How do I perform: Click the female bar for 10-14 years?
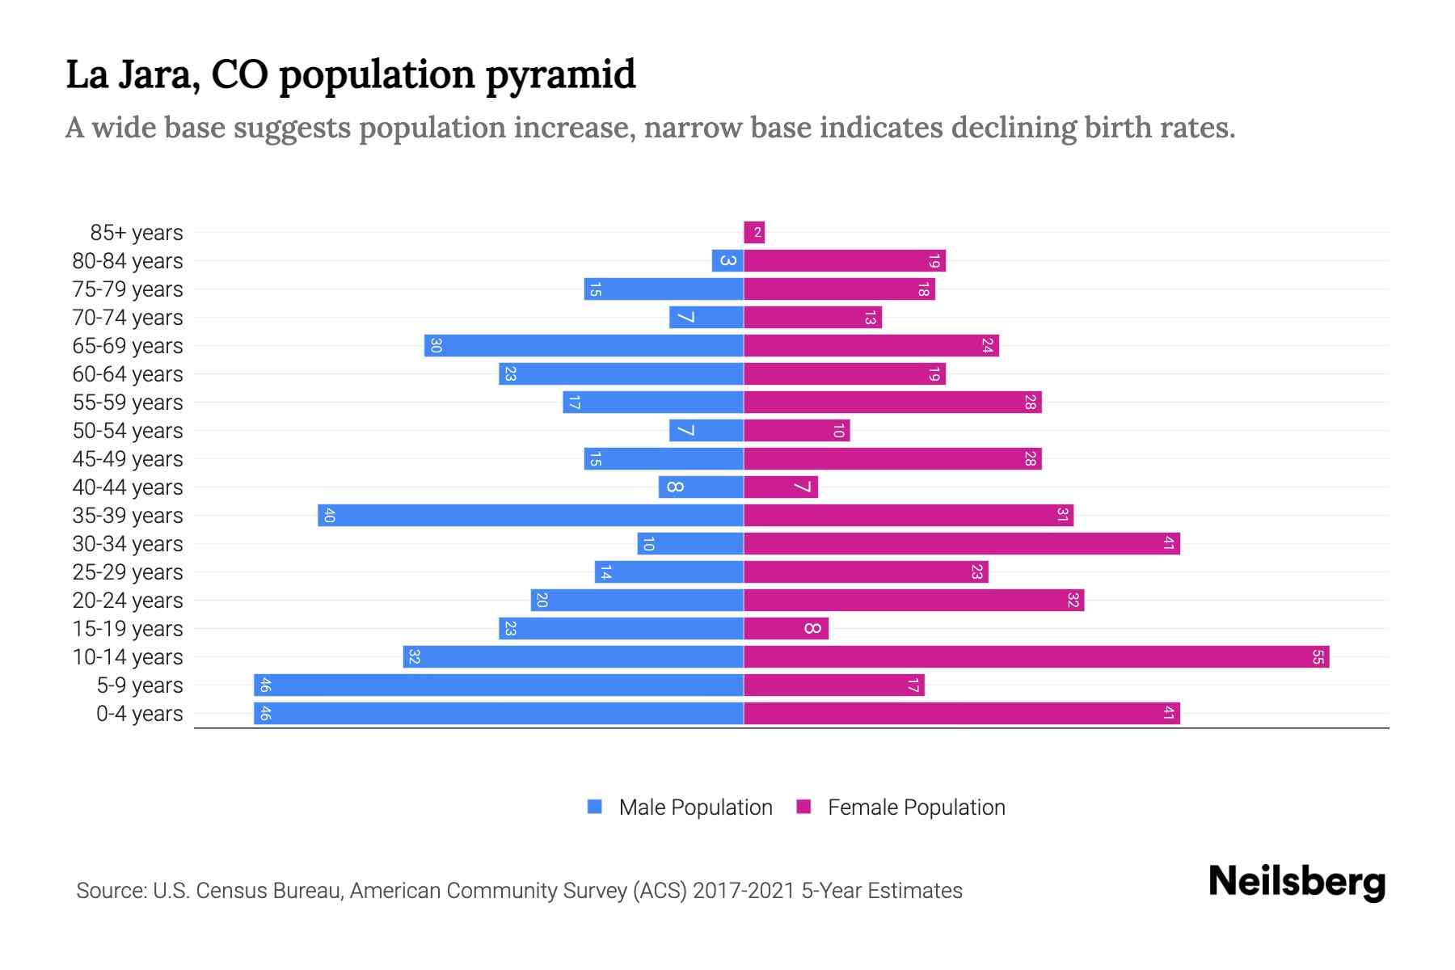(x=1036, y=656)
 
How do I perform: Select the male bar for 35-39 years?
(x=530, y=515)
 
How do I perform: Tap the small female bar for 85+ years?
(x=754, y=233)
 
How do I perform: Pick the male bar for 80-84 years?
(x=727, y=260)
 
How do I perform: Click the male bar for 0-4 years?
(x=499, y=713)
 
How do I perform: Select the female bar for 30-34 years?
(x=962, y=543)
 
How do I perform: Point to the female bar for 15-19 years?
(x=786, y=628)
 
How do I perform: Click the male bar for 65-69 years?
(x=584, y=345)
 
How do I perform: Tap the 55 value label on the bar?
(x=1318, y=656)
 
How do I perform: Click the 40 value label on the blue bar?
(x=328, y=515)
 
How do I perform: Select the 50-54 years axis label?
(x=128, y=431)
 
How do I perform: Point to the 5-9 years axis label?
(x=140, y=685)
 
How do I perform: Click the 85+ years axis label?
(x=137, y=233)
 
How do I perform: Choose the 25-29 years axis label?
(x=128, y=572)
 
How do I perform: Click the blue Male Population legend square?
(x=595, y=807)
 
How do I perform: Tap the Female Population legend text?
(x=916, y=807)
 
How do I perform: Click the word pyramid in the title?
(x=560, y=75)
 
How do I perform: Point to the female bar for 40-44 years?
(x=781, y=487)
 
